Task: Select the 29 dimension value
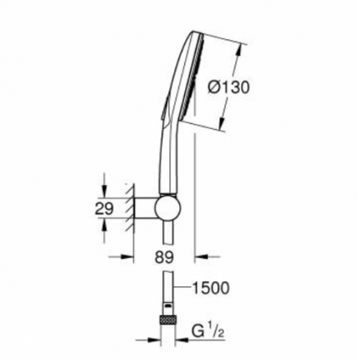pyautogui.click(x=105, y=209)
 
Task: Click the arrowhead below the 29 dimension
pyautogui.click(x=105, y=228)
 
